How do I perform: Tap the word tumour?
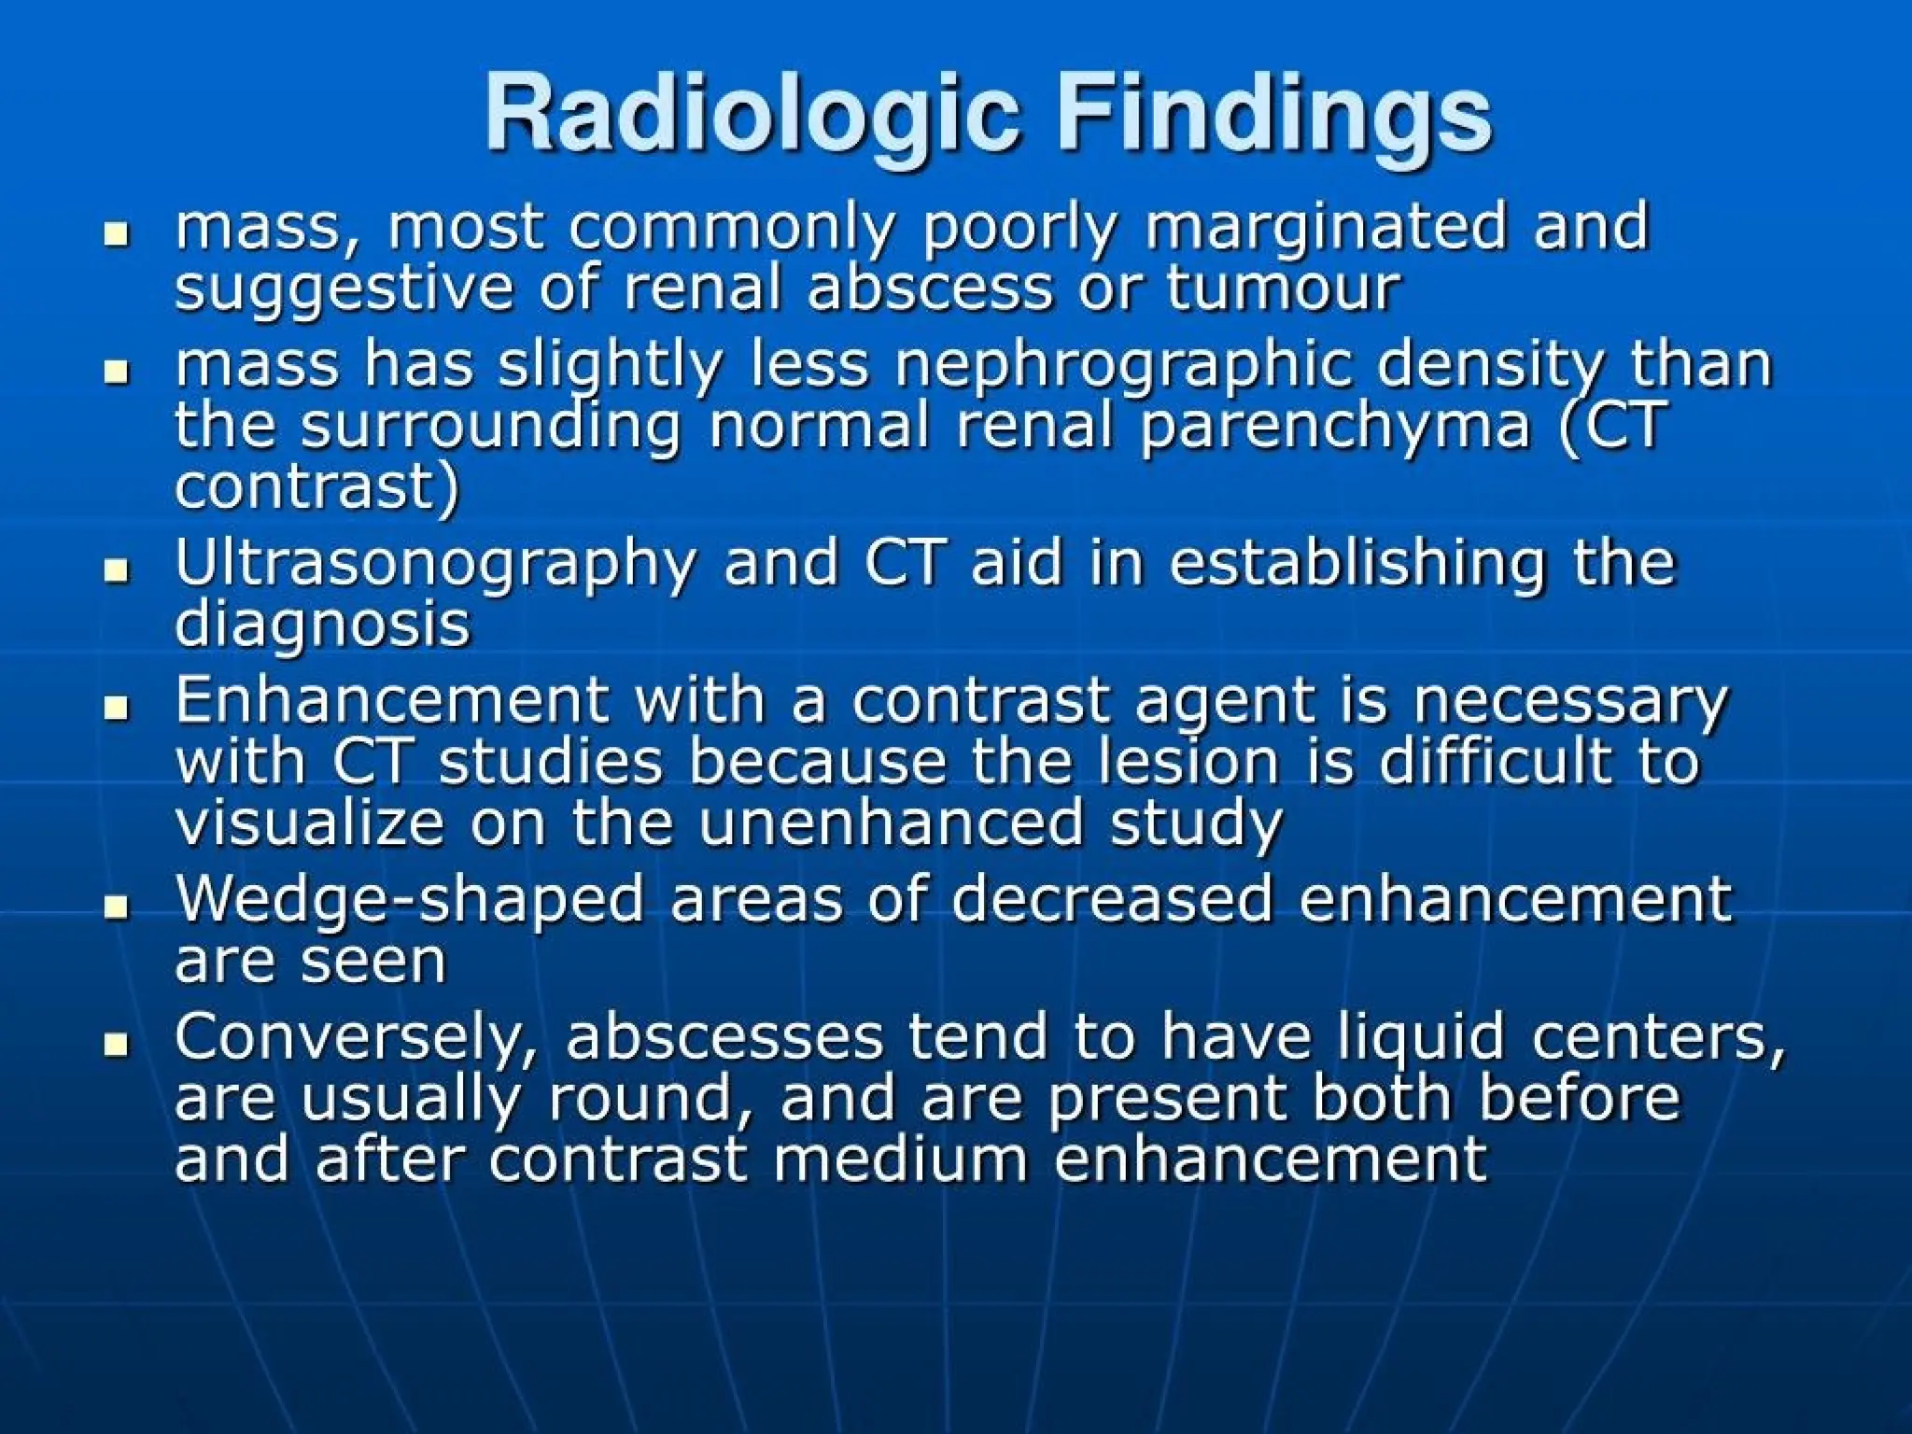1283,288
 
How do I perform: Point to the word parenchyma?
1335,427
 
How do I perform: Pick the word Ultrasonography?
435,564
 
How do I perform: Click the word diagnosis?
322,625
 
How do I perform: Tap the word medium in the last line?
902,1159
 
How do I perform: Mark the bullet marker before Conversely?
117,1043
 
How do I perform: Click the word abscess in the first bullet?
929,288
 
